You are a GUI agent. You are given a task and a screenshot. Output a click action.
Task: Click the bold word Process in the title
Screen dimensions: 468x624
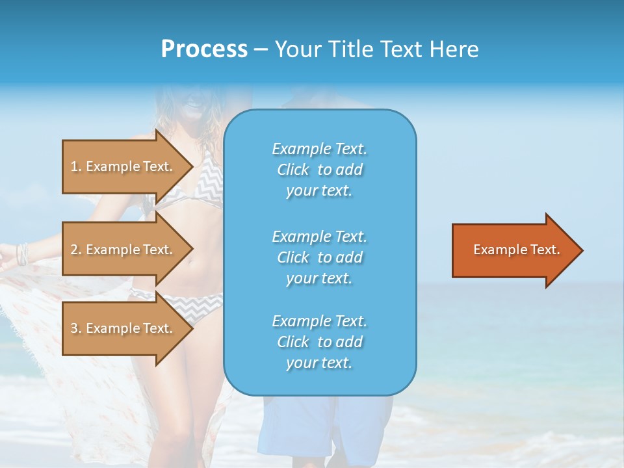click(x=204, y=49)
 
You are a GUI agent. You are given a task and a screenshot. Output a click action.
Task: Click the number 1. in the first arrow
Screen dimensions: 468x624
click(x=76, y=166)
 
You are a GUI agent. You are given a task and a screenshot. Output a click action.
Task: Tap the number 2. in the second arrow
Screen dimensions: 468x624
click(x=76, y=250)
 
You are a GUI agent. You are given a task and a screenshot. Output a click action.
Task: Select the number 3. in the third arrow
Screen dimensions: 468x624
click(x=76, y=328)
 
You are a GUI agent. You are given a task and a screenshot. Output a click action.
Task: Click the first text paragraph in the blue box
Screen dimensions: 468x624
click(x=319, y=170)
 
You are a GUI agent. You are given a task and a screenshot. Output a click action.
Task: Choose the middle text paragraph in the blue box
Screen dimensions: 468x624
click(x=319, y=257)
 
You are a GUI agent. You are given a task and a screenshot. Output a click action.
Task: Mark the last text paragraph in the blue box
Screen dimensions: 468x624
click(x=319, y=342)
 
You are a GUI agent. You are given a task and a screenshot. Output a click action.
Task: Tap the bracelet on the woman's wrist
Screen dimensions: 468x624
click(x=23, y=253)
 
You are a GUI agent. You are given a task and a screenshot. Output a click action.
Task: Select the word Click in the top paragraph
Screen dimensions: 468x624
click(x=292, y=170)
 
